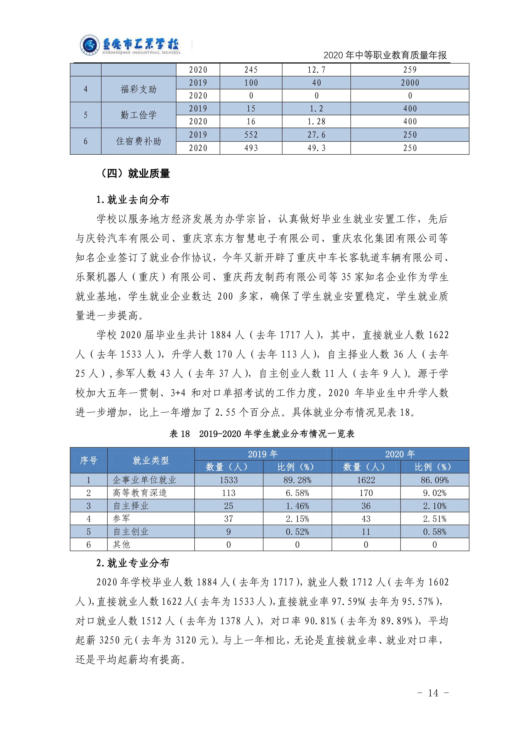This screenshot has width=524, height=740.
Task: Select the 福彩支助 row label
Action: point(138,89)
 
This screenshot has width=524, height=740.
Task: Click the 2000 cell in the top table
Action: point(410,83)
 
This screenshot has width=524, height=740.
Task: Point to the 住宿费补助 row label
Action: point(138,141)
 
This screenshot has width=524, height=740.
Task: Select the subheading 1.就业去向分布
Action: point(133,200)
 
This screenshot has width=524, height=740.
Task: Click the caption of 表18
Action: point(262,434)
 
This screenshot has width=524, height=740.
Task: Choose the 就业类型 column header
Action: point(151,460)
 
